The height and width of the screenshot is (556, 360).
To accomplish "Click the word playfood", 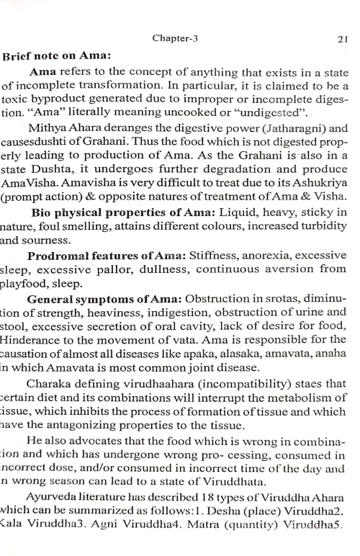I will pos(24,283).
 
